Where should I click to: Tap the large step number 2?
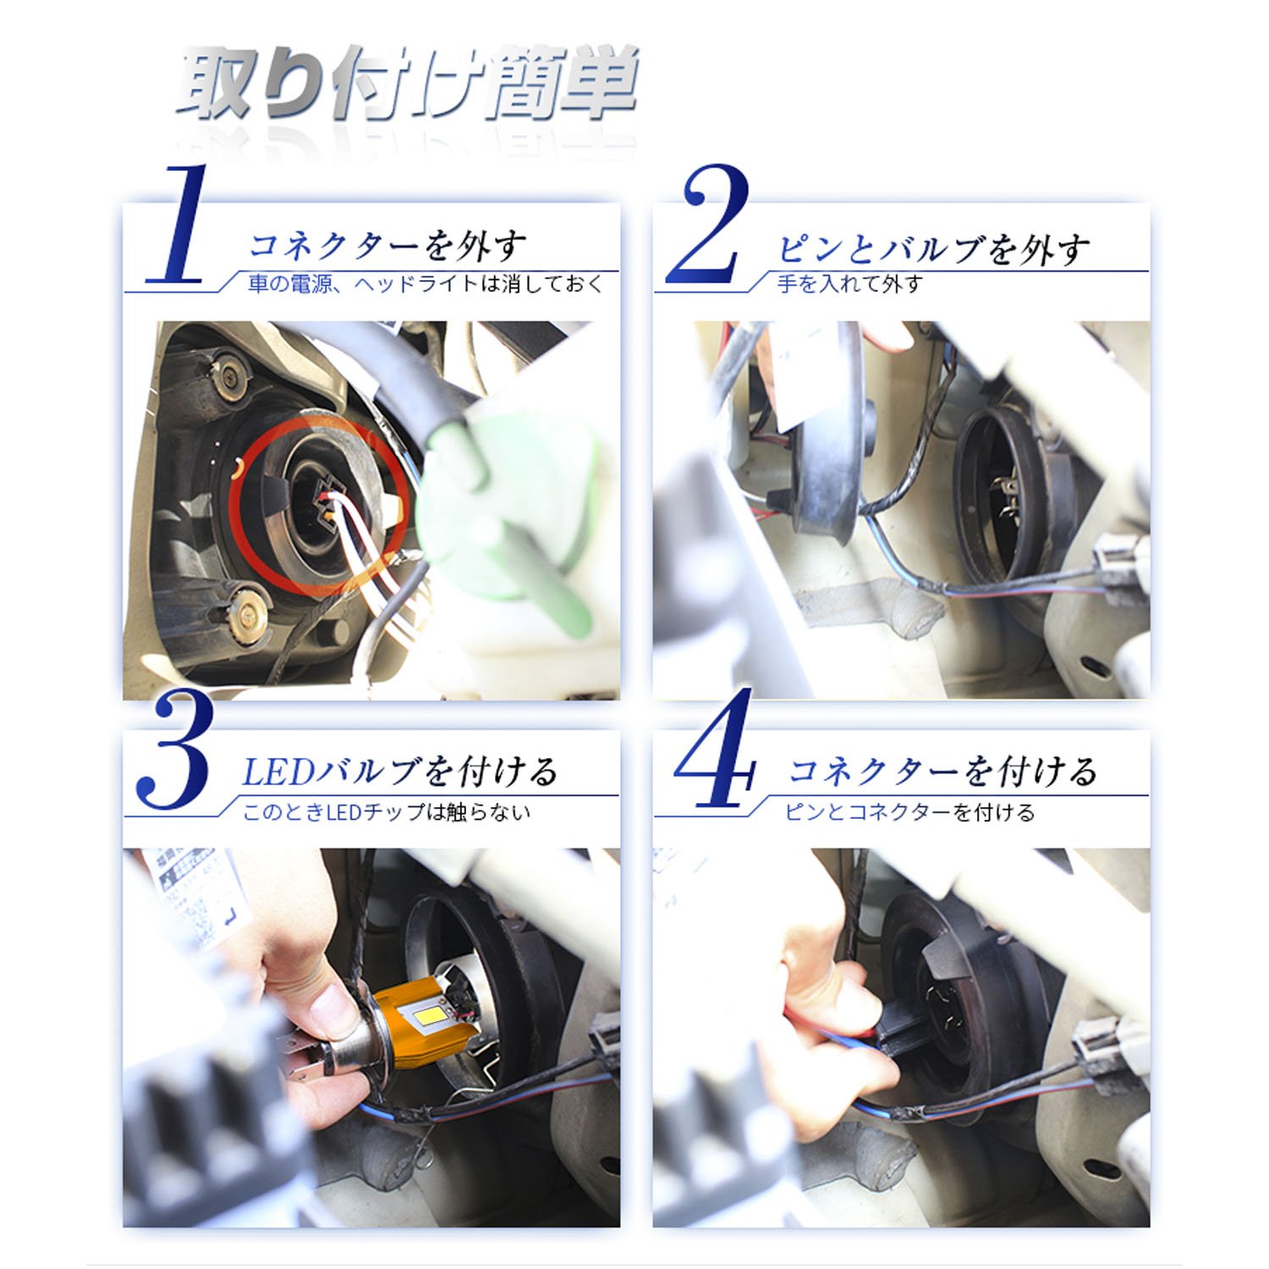click(710, 224)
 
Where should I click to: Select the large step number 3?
click(173, 749)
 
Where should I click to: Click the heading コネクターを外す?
click(387, 246)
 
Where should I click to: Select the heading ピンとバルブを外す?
click(932, 249)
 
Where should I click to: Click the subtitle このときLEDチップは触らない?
click(387, 812)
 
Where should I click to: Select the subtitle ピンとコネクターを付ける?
click(909, 812)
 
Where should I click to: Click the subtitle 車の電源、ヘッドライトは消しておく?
click(426, 284)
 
